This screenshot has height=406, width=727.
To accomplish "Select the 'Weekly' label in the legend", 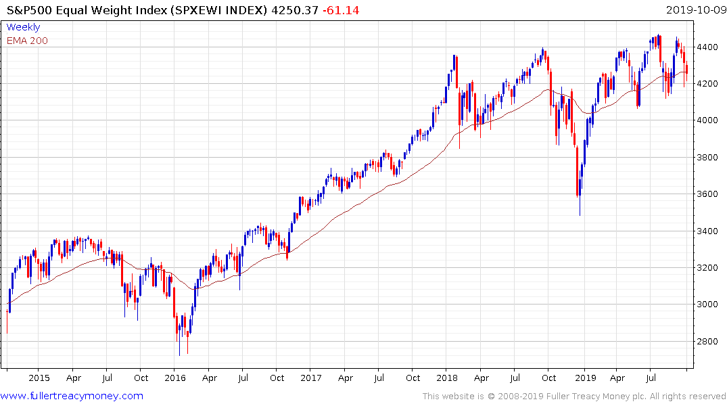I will (x=23, y=28).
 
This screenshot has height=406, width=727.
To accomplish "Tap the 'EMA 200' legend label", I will (x=27, y=41).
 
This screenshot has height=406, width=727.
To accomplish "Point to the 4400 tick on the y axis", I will (x=707, y=47).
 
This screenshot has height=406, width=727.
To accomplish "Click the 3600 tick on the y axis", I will (x=707, y=194).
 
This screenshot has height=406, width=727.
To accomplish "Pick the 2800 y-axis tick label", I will (x=707, y=341).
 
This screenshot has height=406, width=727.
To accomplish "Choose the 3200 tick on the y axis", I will (x=707, y=268).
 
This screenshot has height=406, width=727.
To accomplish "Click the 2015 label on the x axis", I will (x=39, y=378).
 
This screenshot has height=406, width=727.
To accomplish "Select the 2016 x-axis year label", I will (x=175, y=378).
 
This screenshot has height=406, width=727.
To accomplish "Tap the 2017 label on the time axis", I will (x=310, y=378).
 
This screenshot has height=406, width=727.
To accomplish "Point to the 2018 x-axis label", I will (x=446, y=378).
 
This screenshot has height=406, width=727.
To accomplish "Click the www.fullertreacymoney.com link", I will (x=72, y=396).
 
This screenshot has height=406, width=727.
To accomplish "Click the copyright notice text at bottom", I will (x=574, y=397).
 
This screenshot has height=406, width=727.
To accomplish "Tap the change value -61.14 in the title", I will (x=343, y=10).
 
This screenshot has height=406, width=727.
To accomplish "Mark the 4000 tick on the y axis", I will (x=707, y=120).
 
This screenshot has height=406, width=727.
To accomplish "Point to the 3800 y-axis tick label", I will (x=707, y=158).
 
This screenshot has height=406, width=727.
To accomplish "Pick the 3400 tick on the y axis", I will (x=707, y=231).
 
